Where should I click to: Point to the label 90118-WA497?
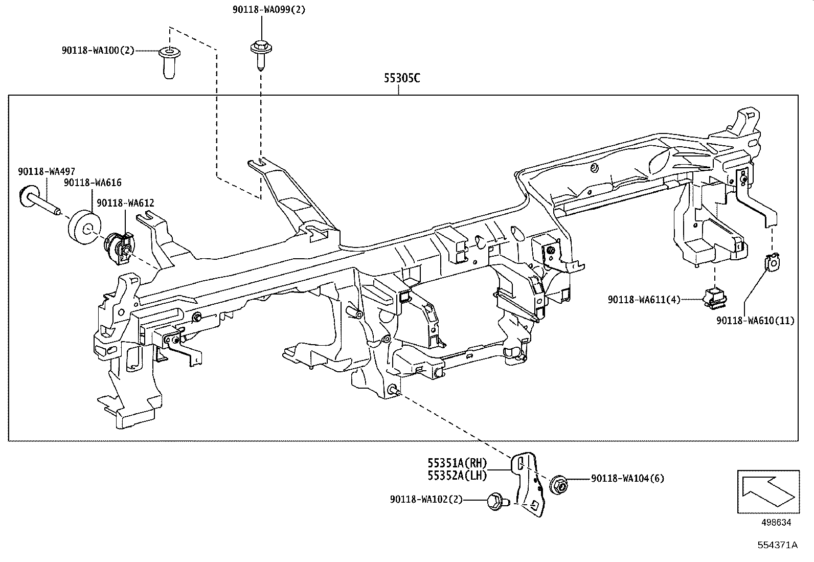coord(47,172)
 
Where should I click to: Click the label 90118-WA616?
coord(93,183)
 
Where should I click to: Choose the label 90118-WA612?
coord(125,203)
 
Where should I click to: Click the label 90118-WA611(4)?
coord(644,300)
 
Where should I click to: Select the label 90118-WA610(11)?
coord(755,321)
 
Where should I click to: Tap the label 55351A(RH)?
coord(457,463)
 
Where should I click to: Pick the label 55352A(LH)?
coord(457,476)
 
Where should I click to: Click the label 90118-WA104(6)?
coord(627,479)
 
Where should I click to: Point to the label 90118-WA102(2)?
coord(426,499)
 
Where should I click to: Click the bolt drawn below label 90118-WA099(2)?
coord(261,54)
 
